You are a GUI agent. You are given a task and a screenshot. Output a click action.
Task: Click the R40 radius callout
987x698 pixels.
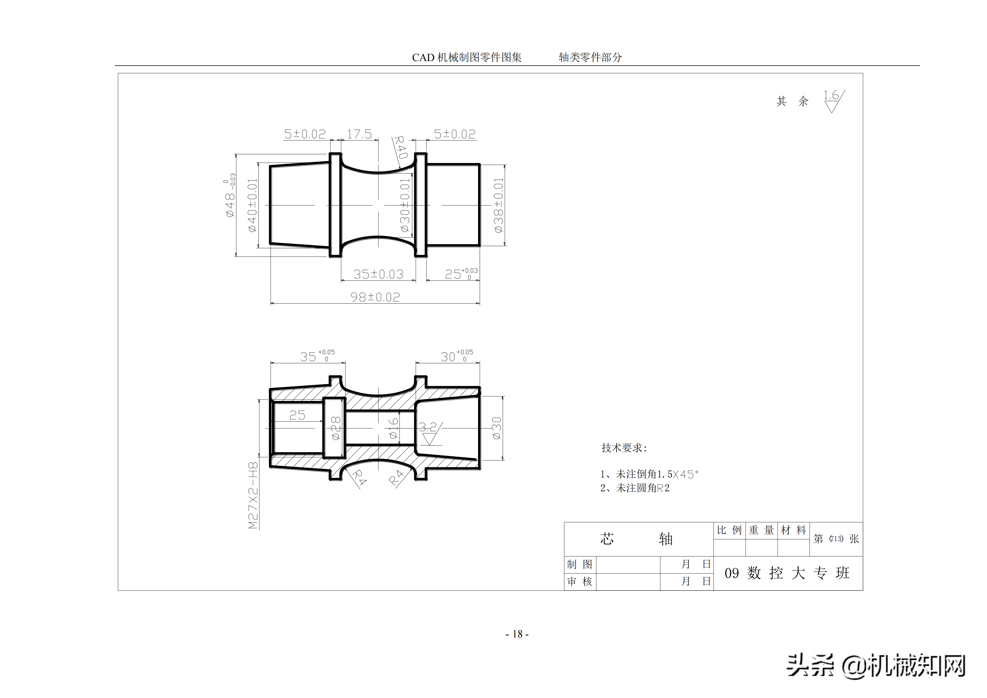(x=400, y=147)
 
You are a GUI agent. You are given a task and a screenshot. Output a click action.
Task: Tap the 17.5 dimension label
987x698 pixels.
(x=359, y=134)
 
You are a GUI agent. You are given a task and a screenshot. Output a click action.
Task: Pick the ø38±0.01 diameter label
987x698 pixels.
(x=498, y=205)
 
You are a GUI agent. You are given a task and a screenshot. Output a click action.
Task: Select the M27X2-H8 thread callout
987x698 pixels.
(x=254, y=495)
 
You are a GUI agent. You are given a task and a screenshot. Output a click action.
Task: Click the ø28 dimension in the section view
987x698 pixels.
(x=336, y=428)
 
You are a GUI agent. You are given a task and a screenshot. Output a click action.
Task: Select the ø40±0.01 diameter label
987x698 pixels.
(x=252, y=205)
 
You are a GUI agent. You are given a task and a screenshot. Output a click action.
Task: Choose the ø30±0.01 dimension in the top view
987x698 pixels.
(x=405, y=205)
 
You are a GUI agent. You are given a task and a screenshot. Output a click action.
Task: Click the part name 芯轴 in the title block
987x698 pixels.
(x=636, y=539)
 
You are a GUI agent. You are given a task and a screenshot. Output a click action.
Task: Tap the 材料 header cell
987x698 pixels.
(x=793, y=530)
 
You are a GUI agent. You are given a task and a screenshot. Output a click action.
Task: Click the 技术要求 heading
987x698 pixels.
(x=624, y=448)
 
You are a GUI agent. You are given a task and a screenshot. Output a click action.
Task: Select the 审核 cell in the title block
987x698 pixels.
(x=580, y=582)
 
